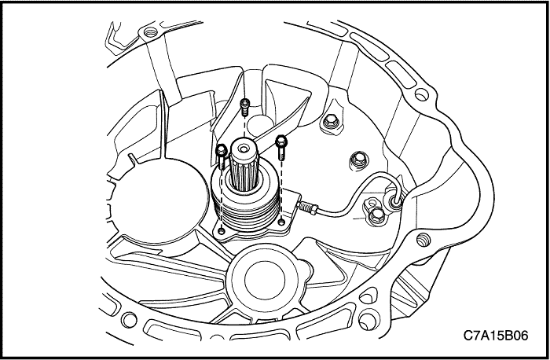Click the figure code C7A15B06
(x=496, y=336)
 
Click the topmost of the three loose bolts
(x=245, y=107)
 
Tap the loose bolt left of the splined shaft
(x=222, y=156)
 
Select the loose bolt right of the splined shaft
(x=281, y=147)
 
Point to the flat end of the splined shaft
(x=244, y=149)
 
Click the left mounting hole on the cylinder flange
(x=222, y=231)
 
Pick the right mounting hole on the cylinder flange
(x=281, y=222)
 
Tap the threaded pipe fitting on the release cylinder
(x=308, y=208)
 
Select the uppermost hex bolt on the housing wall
(x=331, y=122)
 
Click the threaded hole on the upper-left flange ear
(x=150, y=32)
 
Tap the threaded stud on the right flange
(x=423, y=240)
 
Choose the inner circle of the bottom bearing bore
(x=265, y=279)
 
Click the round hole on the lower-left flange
(x=129, y=320)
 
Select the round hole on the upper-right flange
(x=421, y=94)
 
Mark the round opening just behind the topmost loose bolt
(x=260, y=124)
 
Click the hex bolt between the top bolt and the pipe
(x=358, y=161)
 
